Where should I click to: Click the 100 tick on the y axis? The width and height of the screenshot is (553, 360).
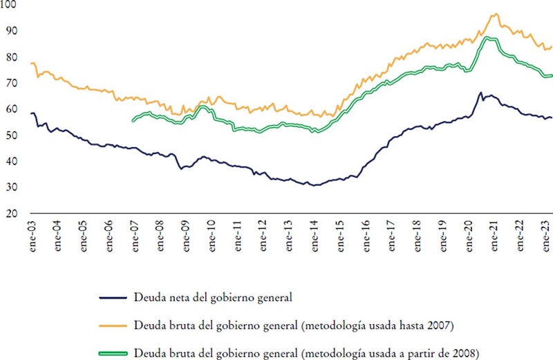point(12,6)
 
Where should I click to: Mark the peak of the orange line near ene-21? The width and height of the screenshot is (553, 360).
point(495,14)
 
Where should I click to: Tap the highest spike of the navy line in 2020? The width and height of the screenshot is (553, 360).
point(480,92)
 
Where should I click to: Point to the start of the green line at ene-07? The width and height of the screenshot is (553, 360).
point(132,121)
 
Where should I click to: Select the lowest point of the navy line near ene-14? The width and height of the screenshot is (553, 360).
point(315,185)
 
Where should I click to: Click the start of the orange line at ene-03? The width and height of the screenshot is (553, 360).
point(31,63)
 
